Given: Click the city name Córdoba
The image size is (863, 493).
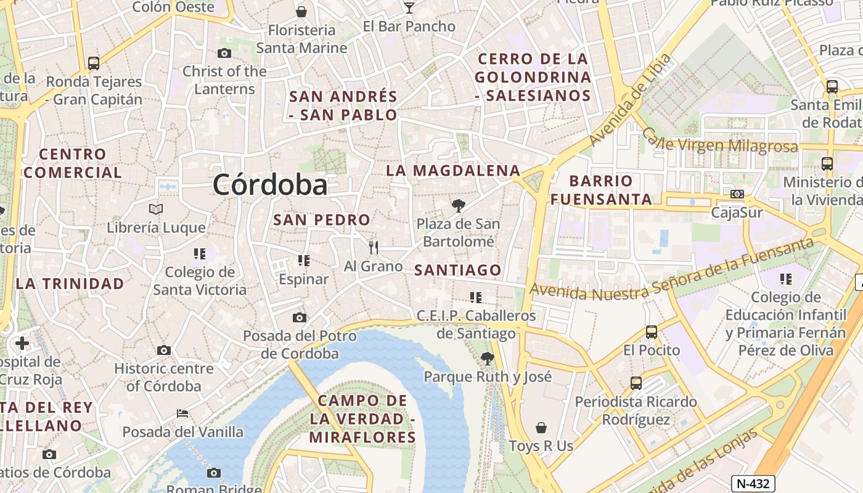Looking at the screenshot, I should [271, 184].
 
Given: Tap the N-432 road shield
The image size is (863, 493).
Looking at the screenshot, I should [753, 484].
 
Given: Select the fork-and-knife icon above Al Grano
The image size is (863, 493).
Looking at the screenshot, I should [373, 248].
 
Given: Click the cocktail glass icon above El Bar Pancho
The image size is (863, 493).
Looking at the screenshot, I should [409, 7].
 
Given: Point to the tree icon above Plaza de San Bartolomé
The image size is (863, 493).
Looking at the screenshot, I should [458, 206].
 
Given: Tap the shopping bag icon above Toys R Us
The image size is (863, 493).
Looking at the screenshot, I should [541, 428].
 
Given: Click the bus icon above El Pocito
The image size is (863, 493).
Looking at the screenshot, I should [652, 332].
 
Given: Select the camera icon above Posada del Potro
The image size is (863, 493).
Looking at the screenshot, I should [300, 318].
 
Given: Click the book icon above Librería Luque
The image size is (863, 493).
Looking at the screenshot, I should [156, 210].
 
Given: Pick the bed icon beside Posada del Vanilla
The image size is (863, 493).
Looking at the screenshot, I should [182, 414].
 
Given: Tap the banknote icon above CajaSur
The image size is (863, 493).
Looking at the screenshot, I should [737, 195].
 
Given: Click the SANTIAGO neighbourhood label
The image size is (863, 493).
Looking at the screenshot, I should [458, 270].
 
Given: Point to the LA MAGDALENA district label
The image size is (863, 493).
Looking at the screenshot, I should [453, 171].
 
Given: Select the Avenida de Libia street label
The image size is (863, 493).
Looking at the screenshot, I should [629, 100].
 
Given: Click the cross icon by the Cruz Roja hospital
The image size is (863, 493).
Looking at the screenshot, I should [22, 343].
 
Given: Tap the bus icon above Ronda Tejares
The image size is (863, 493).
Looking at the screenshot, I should [94, 63].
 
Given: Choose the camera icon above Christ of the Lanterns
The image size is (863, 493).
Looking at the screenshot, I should [224, 54].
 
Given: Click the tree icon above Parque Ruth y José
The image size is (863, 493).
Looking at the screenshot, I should [487, 358].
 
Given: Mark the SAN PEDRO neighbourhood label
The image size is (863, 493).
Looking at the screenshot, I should [322, 220].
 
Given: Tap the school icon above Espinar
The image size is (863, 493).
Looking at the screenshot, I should [303, 261].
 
